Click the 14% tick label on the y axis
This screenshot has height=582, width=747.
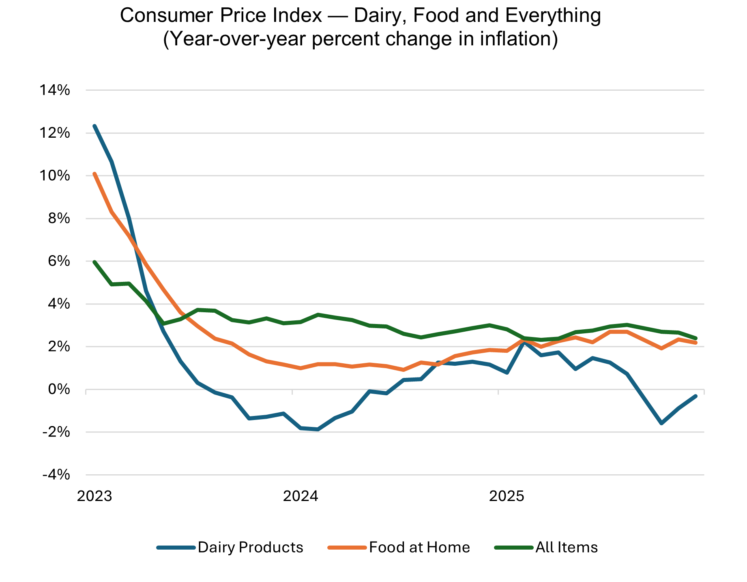click(54, 90)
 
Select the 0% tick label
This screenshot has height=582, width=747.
click(59, 390)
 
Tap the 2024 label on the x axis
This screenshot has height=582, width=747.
click(301, 496)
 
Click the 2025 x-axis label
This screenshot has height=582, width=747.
click(507, 496)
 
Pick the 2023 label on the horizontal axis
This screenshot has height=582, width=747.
click(94, 496)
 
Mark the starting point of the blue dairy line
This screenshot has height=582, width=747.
click(94, 126)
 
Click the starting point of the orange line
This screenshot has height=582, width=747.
click(94, 174)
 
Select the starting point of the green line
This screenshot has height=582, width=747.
click(94, 262)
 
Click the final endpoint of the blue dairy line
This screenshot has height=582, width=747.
click(695, 396)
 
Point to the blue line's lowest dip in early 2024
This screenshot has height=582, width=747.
click(318, 429)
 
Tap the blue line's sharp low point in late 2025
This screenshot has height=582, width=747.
click(661, 423)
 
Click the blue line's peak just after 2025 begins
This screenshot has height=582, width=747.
click(524, 343)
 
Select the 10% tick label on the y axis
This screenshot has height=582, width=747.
click(54, 176)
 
